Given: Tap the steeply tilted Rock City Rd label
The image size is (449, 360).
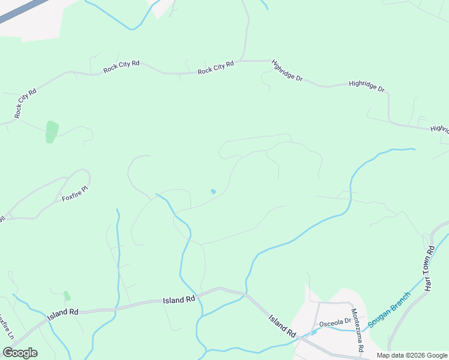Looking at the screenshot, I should pyautogui.click(x=26, y=103).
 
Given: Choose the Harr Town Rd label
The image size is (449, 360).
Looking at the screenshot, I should pyautogui.click(x=429, y=269).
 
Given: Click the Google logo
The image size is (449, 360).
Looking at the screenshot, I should pyautogui.click(x=20, y=353).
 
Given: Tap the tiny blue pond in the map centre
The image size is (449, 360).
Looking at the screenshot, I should pyautogui.click(x=213, y=192).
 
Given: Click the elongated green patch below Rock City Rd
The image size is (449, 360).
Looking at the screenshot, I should pyautogui.click(x=52, y=132).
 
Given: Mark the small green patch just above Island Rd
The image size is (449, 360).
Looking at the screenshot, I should pyautogui.click(x=67, y=296).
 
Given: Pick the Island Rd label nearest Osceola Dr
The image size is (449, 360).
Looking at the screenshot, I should pyautogui.click(x=282, y=325).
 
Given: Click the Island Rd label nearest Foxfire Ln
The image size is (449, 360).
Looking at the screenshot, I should pyautogui.click(x=64, y=313).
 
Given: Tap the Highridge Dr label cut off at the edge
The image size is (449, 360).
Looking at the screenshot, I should pyautogui.click(x=439, y=129).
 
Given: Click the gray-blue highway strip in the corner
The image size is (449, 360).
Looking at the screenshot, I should pyautogui.click(x=24, y=10).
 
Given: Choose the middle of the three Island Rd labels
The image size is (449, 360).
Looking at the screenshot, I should pyautogui.click(x=179, y=299).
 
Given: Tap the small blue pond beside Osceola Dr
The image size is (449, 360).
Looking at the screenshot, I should pyautogui.click(x=314, y=332).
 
